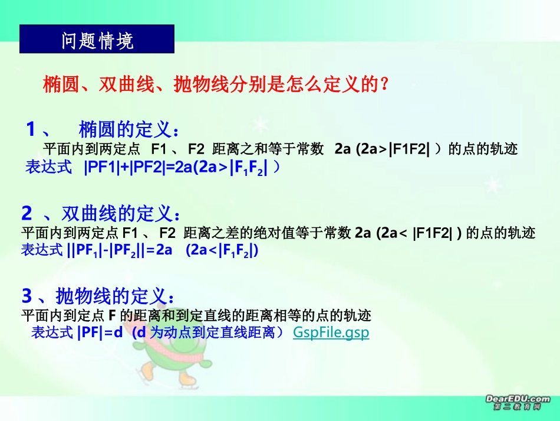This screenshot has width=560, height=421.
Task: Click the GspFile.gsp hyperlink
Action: click(x=331, y=332)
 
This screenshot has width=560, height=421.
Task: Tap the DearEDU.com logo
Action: click(x=518, y=403)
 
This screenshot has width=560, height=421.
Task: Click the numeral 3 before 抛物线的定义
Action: click(x=27, y=295)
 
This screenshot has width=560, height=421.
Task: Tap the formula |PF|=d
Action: click(x=100, y=332)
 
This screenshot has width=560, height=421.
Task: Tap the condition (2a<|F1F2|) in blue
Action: click(x=222, y=250)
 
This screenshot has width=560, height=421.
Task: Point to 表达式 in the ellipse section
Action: click(x=49, y=168)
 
